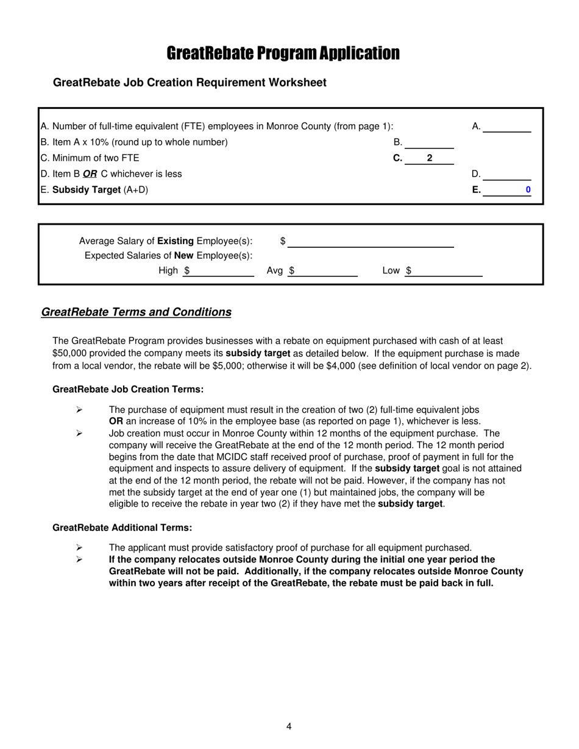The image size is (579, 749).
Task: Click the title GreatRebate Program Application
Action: pos(283,54)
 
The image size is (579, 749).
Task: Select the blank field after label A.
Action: pos(507,127)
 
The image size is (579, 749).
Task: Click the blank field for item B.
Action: pos(429,142)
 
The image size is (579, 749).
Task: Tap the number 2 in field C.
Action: pos(430,158)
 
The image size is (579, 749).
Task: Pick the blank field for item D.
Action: pos(507,174)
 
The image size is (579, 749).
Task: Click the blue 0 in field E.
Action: pos(528,190)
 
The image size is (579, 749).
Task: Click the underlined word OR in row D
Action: pos(90,174)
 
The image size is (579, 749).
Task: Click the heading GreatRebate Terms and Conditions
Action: pos(136,312)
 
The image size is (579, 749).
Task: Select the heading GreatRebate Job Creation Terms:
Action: pos(128,389)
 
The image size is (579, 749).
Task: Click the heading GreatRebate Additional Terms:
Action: pos(122,527)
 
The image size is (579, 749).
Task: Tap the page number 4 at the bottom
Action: pos(289,726)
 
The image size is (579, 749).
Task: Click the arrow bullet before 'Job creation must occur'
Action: pos(79,434)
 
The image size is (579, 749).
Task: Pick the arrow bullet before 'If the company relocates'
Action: pos(79,560)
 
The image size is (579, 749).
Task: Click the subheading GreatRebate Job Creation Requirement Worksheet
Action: pos(190,83)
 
